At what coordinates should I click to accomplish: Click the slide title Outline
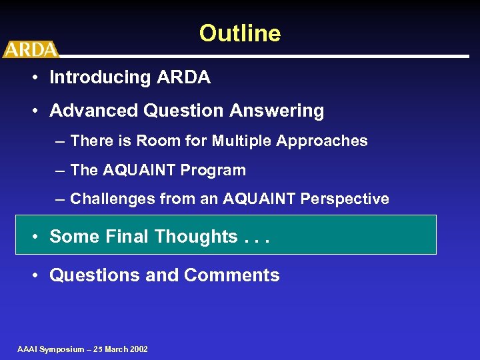[x=240, y=33]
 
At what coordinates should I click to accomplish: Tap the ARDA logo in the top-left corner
[x=30, y=49]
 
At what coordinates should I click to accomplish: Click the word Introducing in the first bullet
[x=100, y=77]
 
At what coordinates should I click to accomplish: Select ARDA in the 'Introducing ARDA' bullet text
[x=183, y=77]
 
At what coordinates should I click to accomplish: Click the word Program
[x=218, y=171]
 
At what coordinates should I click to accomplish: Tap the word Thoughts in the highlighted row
[x=195, y=237]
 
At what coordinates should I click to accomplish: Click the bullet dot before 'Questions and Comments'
[x=33, y=276]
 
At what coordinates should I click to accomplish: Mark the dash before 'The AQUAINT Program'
[x=60, y=171]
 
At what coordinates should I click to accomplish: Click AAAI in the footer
[x=27, y=349]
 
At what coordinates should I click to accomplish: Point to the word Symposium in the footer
[x=62, y=349]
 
